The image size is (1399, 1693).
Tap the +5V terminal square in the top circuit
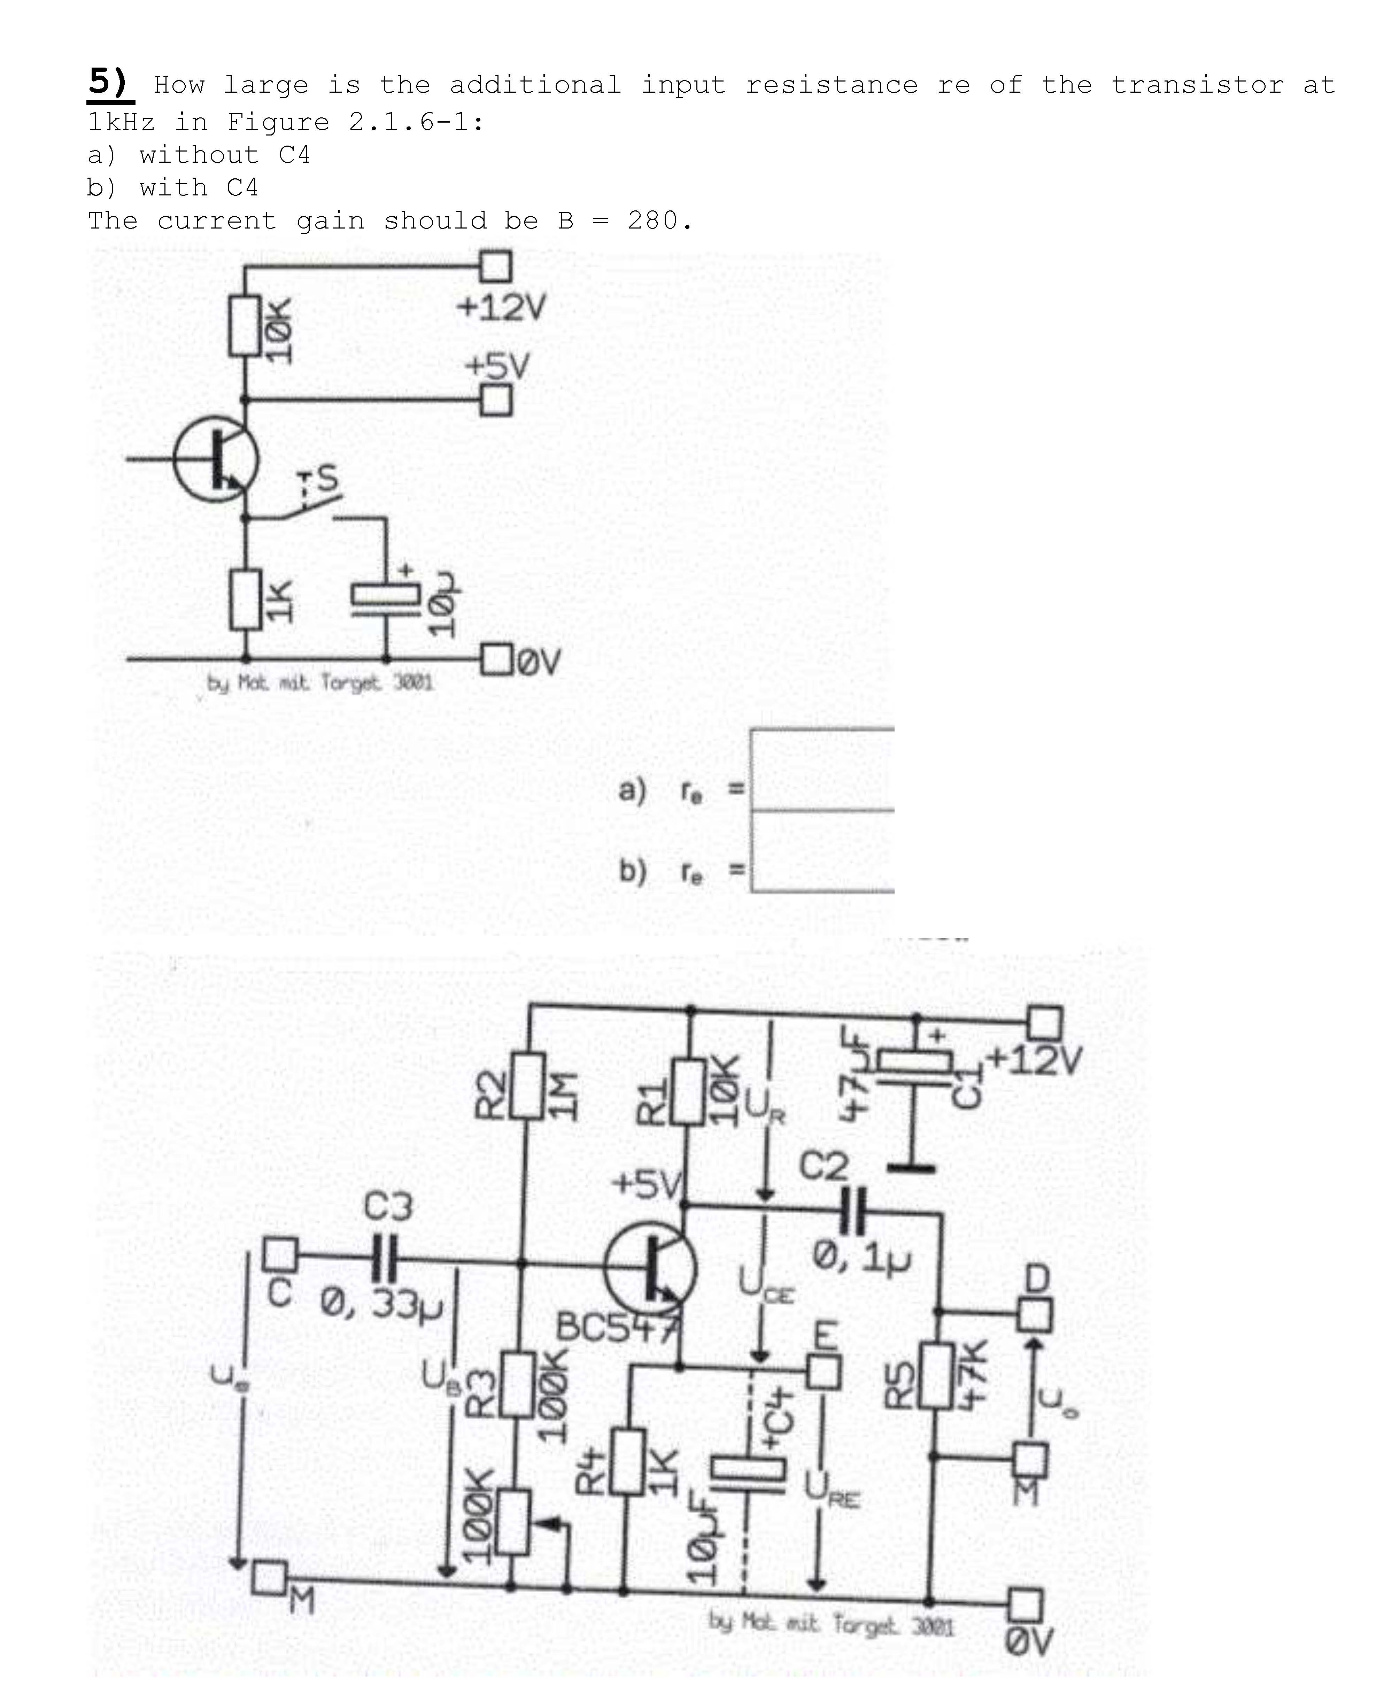click(496, 400)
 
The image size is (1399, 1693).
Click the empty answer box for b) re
click(822, 852)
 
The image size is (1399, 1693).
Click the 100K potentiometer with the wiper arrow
click(512, 1521)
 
